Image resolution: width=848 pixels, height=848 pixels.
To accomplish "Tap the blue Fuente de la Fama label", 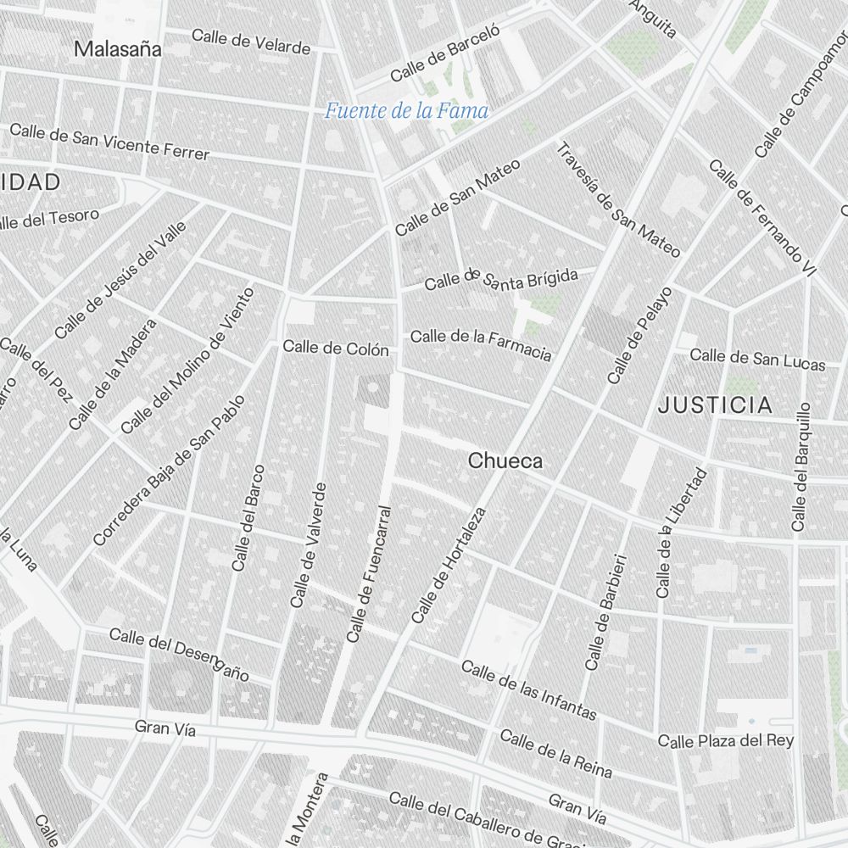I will click(x=407, y=110).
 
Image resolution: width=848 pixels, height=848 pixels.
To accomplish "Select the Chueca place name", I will click(x=505, y=461).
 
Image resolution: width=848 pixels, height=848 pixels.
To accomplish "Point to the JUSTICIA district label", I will click(x=716, y=405).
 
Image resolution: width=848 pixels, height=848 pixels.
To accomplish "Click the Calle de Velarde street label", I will click(x=251, y=41).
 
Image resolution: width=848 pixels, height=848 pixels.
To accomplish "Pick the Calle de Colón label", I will click(x=336, y=349).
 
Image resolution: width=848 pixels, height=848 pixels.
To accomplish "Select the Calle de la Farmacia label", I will click(x=481, y=343).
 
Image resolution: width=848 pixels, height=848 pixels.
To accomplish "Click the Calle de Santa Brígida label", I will click(x=501, y=279).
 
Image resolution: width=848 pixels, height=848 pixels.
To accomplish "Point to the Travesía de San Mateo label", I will click(x=618, y=200).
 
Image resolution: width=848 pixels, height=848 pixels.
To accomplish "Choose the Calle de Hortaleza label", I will click(x=449, y=566).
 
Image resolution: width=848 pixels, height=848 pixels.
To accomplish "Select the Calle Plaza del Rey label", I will click(x=726, y=741).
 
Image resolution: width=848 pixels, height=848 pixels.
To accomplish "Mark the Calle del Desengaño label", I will click(x=180, y=654).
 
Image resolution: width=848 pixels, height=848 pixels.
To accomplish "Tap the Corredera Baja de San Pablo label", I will click(x=168, y=471).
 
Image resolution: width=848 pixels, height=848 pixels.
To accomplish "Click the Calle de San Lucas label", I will click(x=757, y=360).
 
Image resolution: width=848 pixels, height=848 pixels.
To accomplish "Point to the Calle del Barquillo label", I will click(x=801, y=466).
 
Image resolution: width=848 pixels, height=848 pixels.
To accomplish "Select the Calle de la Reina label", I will click(x=555, y=753).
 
